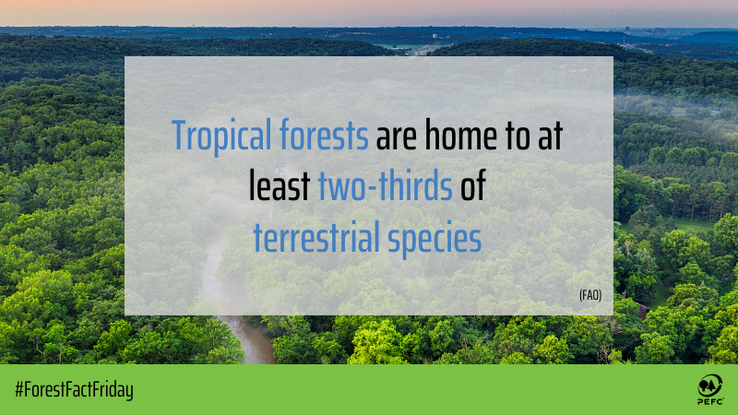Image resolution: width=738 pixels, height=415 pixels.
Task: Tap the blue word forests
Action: (325, 137)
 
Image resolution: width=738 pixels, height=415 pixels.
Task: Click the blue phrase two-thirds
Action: (386, 187)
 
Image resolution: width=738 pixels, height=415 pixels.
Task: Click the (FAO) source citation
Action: (590, 295)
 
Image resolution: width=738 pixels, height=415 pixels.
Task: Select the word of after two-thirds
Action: (473, 187)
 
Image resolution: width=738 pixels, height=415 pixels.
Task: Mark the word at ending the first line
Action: (553, 137)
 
